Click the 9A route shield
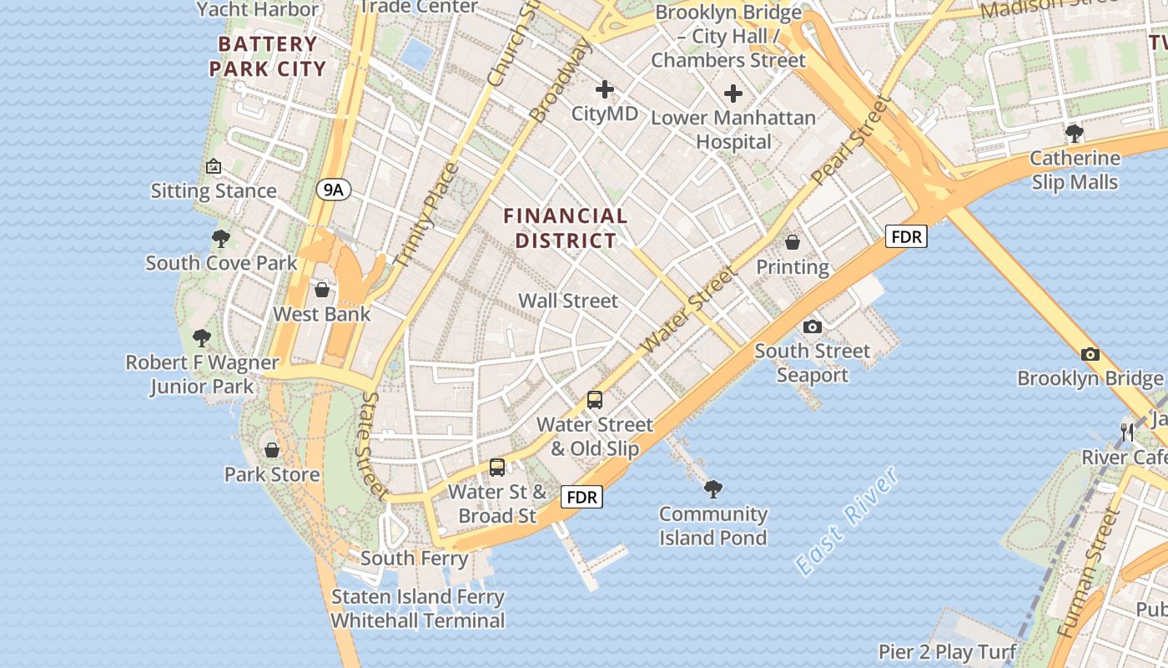tap(333, 190)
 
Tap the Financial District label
tap(566, 228)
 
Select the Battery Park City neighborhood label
tap(267, 56)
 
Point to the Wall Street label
tap(568, 301)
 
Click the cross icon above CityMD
tap(605, 89)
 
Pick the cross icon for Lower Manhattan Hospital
tap(733, 94)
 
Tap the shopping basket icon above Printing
tap(792, 243)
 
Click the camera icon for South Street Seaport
tap(812, 326)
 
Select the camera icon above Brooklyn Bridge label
tap(1090, 354)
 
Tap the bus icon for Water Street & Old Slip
tap(594, 400)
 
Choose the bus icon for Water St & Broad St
tap(497, 468)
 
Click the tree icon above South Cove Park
tap(221, 239)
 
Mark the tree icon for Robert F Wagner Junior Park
tap(201, 338)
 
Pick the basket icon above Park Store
tap(272, 450)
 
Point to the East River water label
tap(847, 521)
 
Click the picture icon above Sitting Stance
tap(214, 166)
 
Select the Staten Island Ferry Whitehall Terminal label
tap(418, 609)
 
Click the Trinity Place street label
tap(426, 215)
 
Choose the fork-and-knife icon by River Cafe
tap(1127, 433)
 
